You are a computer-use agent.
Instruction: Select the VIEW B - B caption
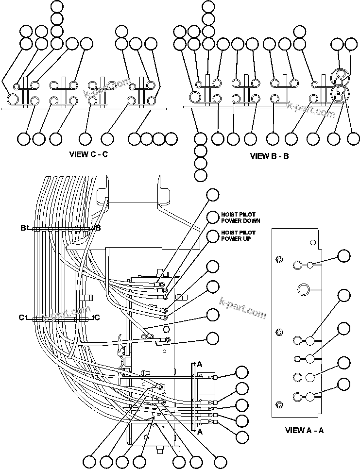tap(269, 156)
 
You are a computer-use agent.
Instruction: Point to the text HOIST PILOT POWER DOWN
tap(240, 218)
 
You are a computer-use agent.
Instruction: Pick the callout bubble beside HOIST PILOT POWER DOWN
tap(213, 217)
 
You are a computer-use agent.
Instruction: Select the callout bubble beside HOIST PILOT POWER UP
tap(213, 236)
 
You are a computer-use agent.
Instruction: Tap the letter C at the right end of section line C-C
tap(97, 318)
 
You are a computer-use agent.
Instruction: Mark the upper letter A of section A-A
tap(199, 363)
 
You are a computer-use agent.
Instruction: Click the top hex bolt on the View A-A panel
tap(279, 259)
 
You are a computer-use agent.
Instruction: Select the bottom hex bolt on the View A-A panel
tap(279, 404)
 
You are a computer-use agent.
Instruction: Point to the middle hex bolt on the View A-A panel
tap(279, 332)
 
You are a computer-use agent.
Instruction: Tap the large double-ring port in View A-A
tap(304, 290)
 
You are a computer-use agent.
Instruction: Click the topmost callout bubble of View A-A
tap(344, 256)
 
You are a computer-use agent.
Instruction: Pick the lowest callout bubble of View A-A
tap(344, 385)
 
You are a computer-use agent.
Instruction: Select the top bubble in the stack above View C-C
tap(57, 7)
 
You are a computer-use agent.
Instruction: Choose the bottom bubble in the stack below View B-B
tap(200, 175)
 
